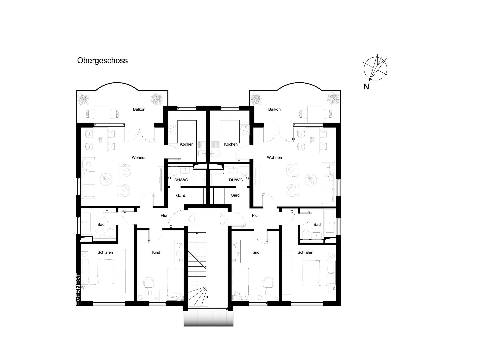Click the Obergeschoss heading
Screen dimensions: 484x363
[x=102, y=61]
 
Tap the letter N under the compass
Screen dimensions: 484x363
[x=366, y=87]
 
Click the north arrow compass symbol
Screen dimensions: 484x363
[x=375, y=68]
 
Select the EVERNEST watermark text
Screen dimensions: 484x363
[x=78, y=290]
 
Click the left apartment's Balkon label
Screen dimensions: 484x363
[x=139, y=109]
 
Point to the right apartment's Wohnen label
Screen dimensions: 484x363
[x=275, y=158]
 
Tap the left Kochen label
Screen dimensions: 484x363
[x=187, y=144]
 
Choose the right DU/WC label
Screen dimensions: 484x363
[x=236, y=180]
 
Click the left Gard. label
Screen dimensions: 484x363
[x=181, y=195]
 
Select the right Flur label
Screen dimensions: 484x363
[x=255, y=216]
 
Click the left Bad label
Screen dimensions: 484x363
[x=101, y=225]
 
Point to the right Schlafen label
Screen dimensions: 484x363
[x=305, y=252]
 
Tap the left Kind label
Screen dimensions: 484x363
[x=156, y=252]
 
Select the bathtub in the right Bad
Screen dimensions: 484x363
[x=330, y=221]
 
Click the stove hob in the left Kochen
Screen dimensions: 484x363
[x=173, y=130]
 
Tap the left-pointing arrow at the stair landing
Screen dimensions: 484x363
[x=192, y=219]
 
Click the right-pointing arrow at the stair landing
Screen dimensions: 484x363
[x=224, y=219]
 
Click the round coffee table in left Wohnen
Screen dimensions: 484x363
[x=106, y=179]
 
